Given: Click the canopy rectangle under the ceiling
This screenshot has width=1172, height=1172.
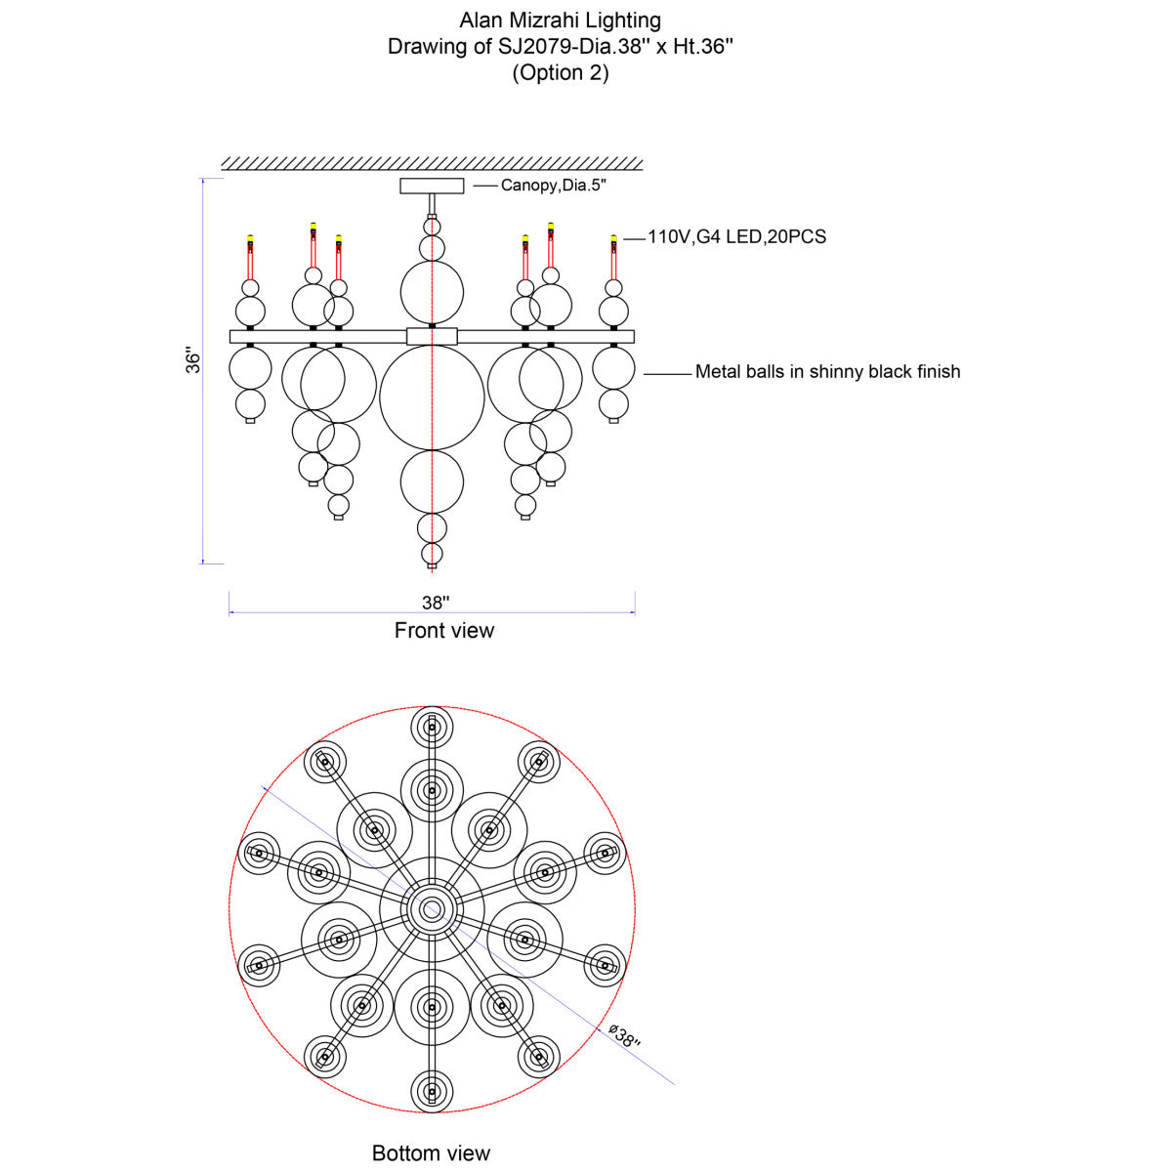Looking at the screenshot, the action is [x=432, y=186].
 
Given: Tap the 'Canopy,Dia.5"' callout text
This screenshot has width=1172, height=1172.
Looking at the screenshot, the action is [x=554, y=185].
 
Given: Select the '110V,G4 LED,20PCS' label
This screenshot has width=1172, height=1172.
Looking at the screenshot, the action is [x=736, y=236].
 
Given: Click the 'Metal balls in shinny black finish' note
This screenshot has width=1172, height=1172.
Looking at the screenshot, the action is [x=828, y=371].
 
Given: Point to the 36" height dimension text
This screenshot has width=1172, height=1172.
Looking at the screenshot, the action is [x=192, y=360].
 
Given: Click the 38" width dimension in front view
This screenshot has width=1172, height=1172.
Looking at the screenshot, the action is [x=436, y=603].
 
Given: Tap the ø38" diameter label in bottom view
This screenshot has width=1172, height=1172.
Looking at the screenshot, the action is [x=625, y=1034].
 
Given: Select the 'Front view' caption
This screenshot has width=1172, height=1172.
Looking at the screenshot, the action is [x=444, y=630].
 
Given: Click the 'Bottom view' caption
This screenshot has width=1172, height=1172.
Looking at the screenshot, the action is [x=431, y=1152].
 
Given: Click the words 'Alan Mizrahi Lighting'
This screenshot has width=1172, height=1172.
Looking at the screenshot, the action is [x=560, y=21].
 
